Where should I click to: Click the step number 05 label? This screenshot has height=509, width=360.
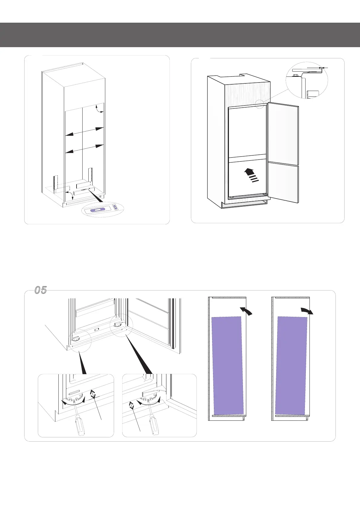pyautogui.click(x=41, y=290)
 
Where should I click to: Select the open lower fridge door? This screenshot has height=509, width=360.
pyautogui.click(x=283, y=182)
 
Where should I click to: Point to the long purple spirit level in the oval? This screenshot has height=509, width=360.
pyautogui.click(x=98, y=209)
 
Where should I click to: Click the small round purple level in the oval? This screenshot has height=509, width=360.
pyautogui.click(x=115, y=207)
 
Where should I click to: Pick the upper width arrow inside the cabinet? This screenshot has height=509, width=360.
pyautogui.click(x=85, y=132)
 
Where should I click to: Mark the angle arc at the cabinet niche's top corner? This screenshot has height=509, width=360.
pyautogui.click(x=98, y=109)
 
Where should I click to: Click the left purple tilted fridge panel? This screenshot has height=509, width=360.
pyautogui.click(x=227, y=365)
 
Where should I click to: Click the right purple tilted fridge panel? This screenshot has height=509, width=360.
pyautogui.click(x=291, y=365)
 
